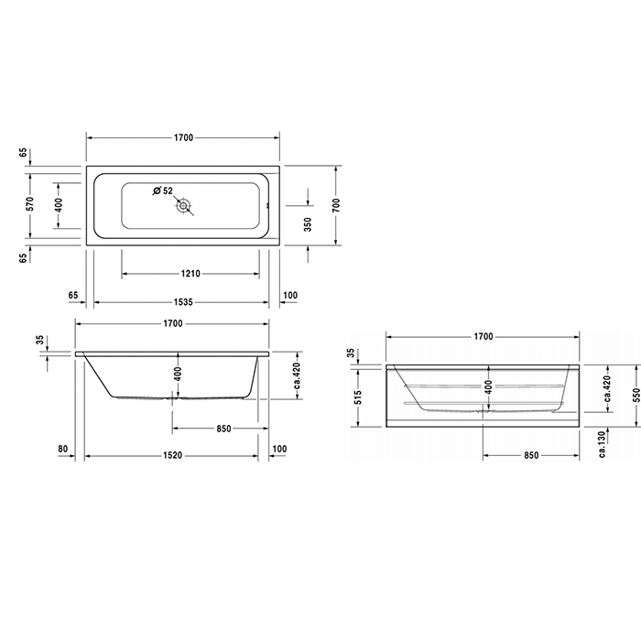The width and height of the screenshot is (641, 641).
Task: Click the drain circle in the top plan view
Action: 184,207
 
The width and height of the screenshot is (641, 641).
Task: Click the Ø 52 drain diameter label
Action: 163,190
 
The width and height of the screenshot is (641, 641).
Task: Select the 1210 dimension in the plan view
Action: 190,273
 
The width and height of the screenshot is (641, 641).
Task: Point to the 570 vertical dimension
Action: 30,205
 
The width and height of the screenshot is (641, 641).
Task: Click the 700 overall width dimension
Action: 336,206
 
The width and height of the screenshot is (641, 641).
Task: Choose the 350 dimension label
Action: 308,223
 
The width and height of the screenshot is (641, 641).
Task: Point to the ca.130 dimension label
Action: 601,443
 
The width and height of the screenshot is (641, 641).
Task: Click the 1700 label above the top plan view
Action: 183,138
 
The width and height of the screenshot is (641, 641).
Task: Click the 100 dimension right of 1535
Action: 291,295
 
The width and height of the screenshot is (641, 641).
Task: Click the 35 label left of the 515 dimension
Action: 352,353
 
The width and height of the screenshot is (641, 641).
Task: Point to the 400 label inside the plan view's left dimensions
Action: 59,205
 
